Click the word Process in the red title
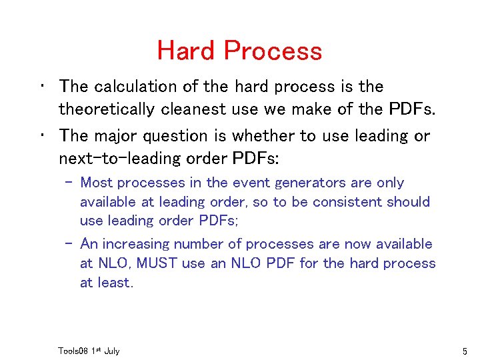(273, 51)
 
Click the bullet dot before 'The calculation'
(42, 86)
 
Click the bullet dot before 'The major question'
(42, 135)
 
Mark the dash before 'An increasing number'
(70, 245)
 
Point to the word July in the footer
(111, 351)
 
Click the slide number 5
(464, 351)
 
